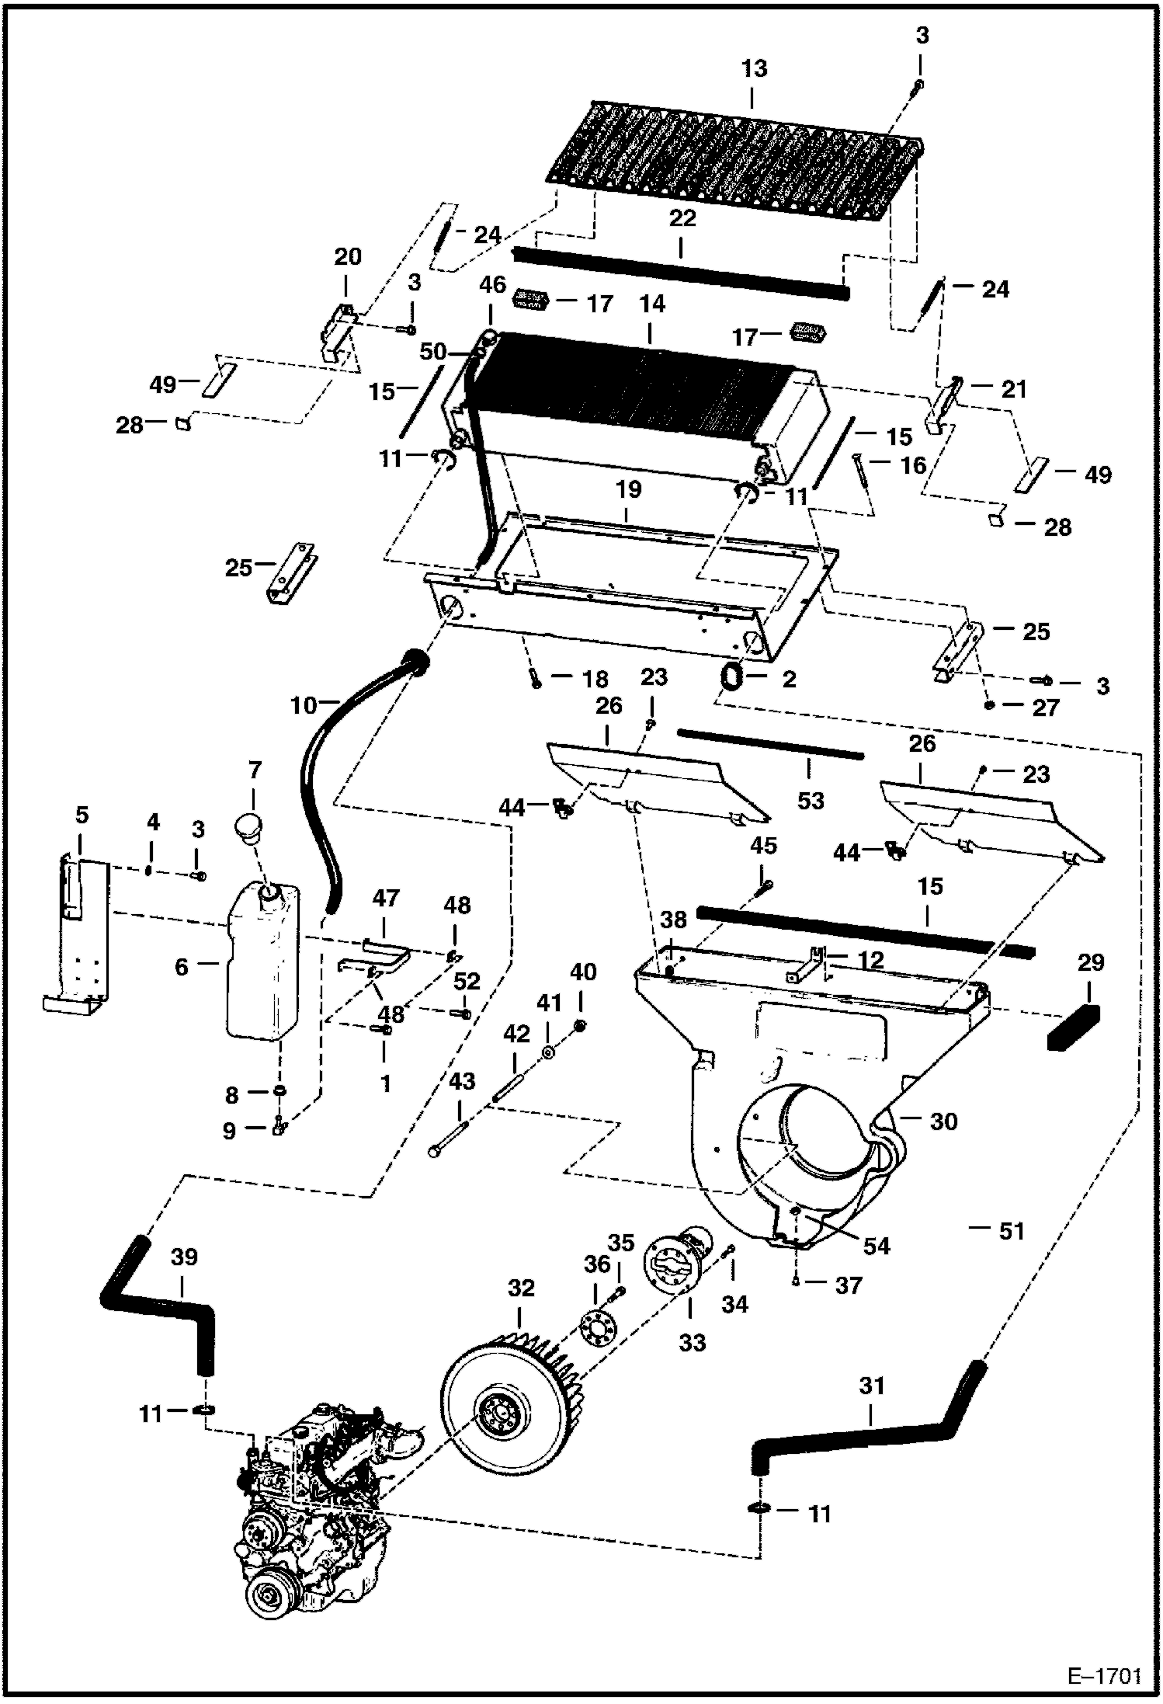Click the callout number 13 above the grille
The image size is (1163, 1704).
(x=753, y=68)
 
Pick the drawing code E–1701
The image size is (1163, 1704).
(x=1103, y=1674)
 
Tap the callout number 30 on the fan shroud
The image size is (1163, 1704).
(x=943, y=1122)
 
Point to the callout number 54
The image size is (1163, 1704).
(x=876, y=1246)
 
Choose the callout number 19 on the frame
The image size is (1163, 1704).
(x=629, y=489)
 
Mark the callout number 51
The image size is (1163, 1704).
(x=1012, y=1231)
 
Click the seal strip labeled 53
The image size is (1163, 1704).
(x=769, y=743)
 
